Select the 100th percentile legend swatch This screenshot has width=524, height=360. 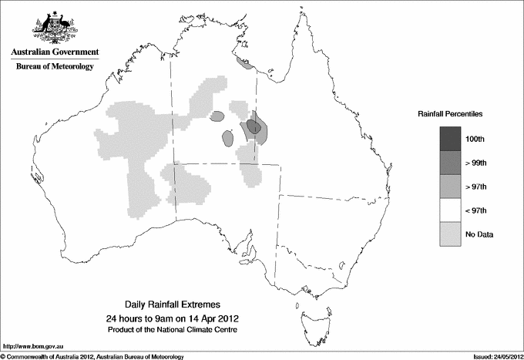tap(452, 139)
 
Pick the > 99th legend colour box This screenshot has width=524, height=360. tap(452, 163)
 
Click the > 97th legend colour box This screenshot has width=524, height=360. tap(452, 187)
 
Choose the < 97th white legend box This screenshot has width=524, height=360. tap(452, 210)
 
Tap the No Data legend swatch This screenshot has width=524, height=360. tap(452, 234)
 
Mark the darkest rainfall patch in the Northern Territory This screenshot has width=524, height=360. tap(253, 126)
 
